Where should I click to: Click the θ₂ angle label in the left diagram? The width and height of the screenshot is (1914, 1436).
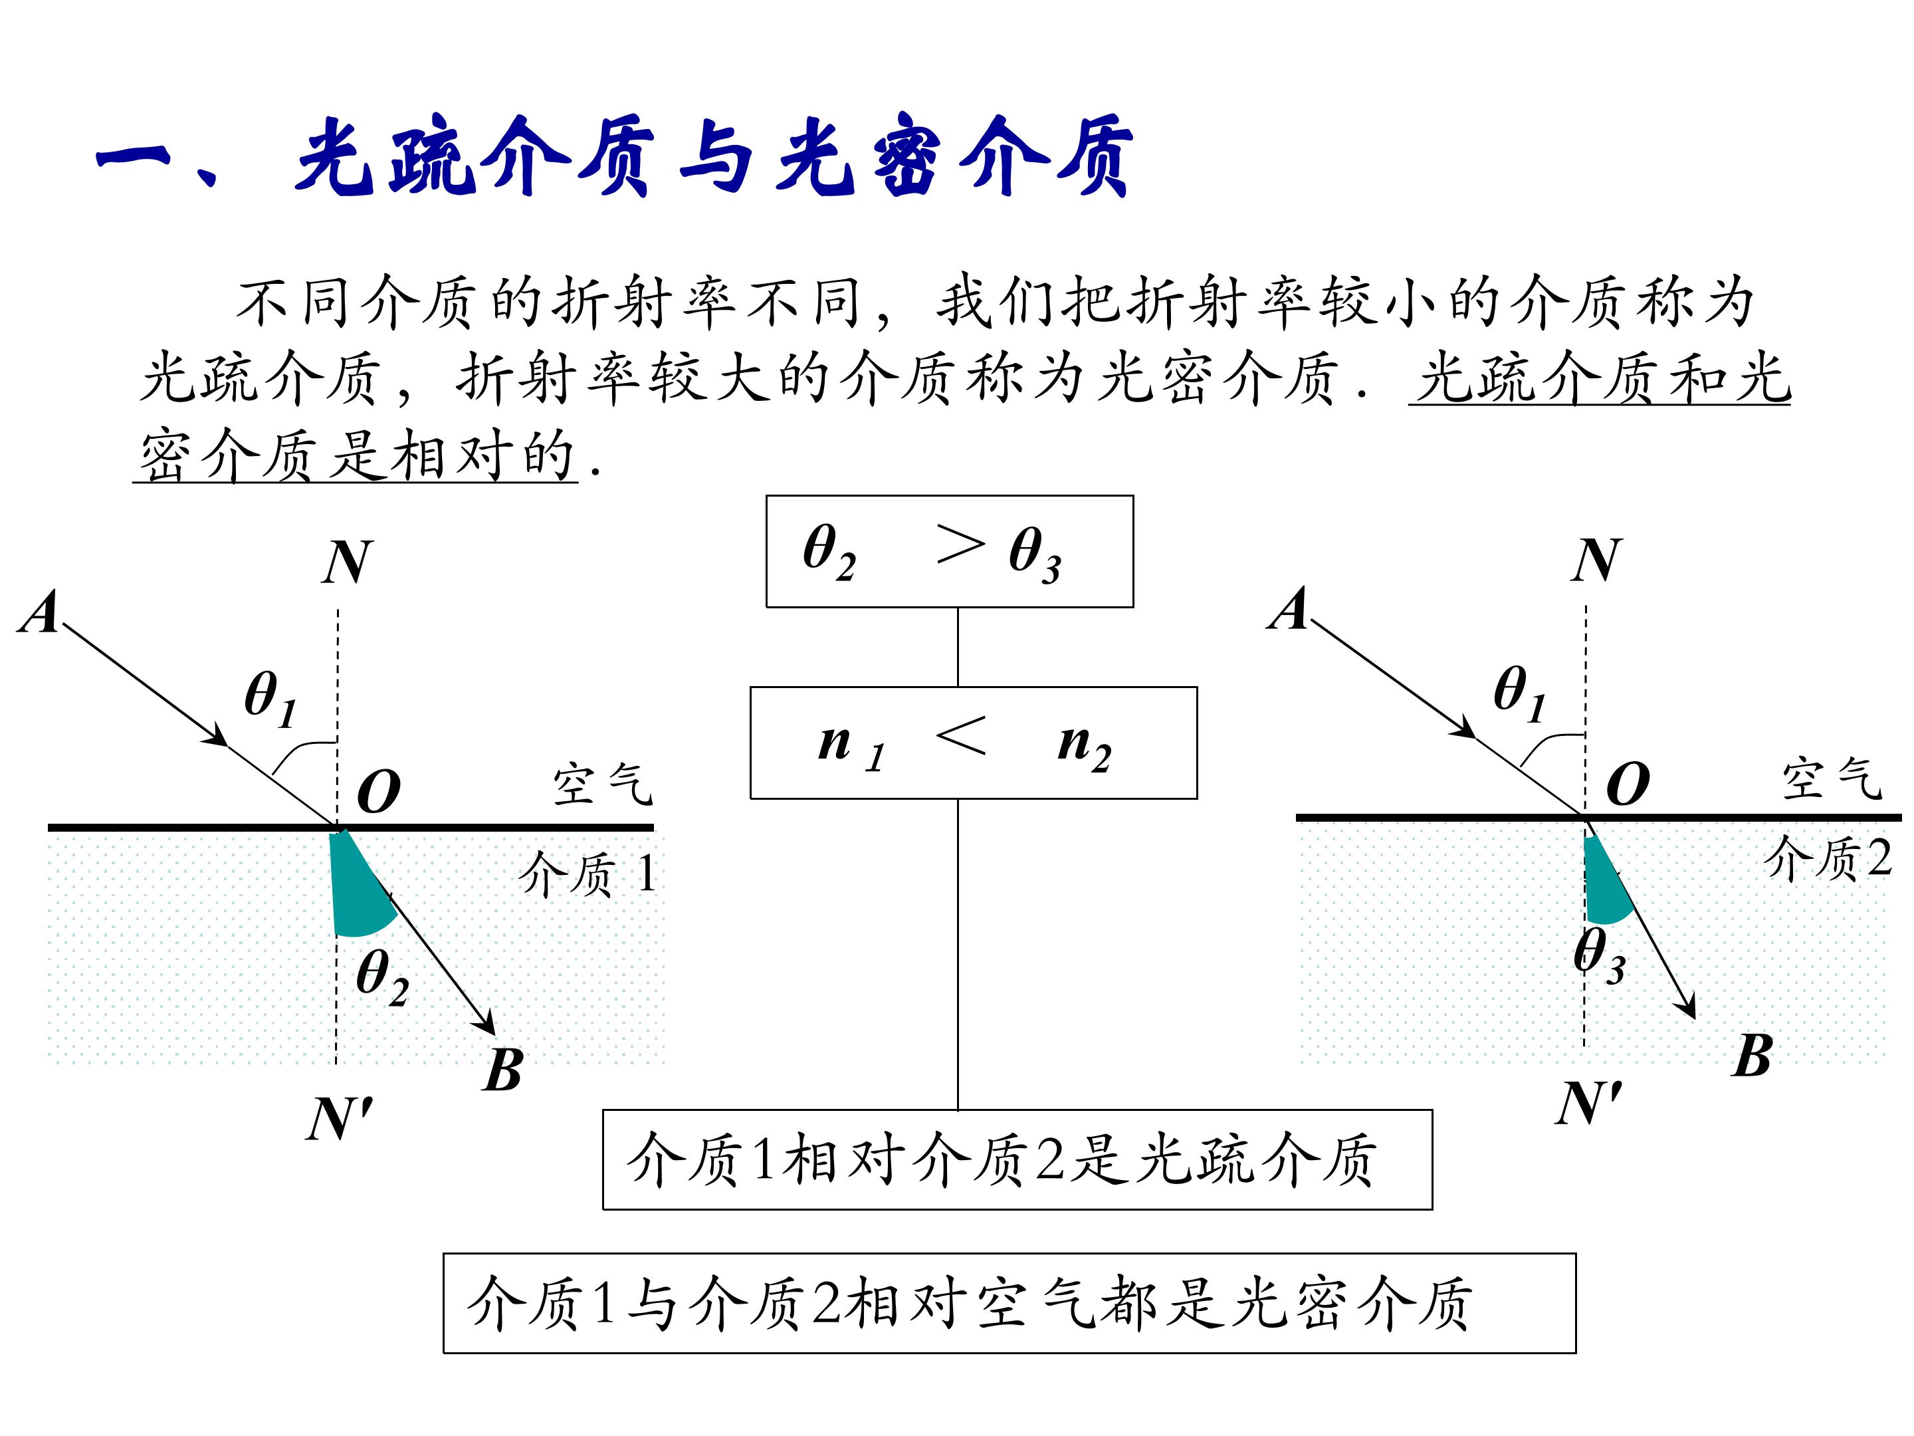pos(381,978)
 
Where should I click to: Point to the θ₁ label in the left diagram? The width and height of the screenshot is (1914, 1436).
pos(270,699)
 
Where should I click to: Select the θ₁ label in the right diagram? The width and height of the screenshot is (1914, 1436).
pos(1519,693)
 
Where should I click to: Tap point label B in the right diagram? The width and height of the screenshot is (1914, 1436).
pos(1753,1055)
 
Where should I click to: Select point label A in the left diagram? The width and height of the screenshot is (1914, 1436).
pos(40,613)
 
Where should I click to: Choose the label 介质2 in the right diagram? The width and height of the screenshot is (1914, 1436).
pos(1828,859)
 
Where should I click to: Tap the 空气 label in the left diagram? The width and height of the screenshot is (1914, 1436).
pos(602,783)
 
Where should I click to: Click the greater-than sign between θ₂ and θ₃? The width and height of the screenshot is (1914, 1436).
pos(960,545)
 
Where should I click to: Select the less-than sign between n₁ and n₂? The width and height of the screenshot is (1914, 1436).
pos(960,737)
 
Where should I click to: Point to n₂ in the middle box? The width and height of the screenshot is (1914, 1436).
pos(1084,746)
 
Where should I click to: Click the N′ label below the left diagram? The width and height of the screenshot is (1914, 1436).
pos(339,1119)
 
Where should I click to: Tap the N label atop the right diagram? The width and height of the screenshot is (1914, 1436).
pos(1596,560)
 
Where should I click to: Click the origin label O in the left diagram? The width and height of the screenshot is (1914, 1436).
pos(379,791)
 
